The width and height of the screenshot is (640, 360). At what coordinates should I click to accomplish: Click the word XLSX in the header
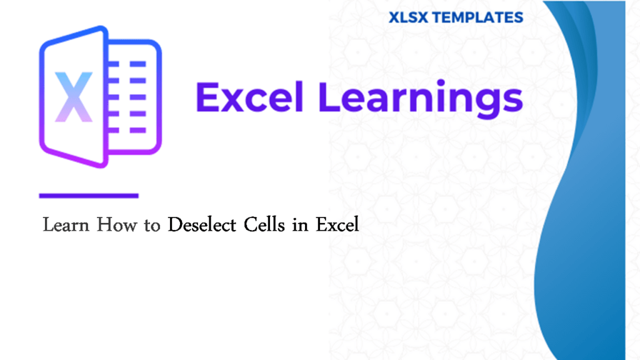point(409,17)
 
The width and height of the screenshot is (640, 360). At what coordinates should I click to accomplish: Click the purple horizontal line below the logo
point(88,196)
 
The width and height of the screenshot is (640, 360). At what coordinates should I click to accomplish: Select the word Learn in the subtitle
point(66,225)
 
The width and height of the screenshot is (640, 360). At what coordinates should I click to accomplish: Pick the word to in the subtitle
point(152,226)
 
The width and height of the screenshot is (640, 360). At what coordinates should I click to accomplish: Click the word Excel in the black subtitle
point(337,225)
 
